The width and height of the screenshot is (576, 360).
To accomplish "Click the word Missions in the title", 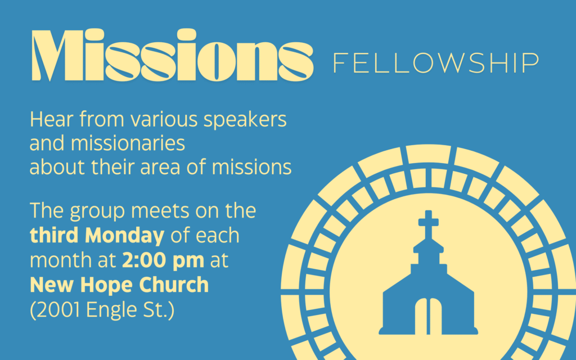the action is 173,55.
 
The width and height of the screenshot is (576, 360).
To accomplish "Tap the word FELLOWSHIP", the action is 436,63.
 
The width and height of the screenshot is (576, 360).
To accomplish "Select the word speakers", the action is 245,120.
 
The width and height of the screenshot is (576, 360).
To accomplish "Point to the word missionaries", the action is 128,143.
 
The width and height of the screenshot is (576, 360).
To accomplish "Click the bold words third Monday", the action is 97,236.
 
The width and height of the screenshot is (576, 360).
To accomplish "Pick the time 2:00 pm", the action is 163,260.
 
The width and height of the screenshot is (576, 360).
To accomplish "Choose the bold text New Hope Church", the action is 119,285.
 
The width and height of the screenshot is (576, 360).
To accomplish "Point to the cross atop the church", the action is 428,224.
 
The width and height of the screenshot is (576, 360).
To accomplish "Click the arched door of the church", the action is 428,316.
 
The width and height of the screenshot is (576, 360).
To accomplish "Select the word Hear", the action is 51,120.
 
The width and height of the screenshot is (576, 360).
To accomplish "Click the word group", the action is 97,212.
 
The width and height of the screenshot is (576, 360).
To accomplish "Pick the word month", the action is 61,260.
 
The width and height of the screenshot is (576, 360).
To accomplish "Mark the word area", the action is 160,168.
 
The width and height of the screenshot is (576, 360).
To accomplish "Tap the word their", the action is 112,166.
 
